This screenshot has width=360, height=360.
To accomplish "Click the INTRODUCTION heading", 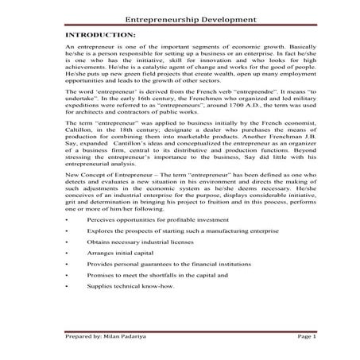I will coord(99,36).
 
